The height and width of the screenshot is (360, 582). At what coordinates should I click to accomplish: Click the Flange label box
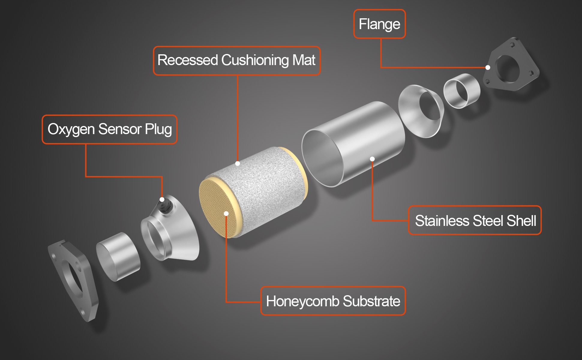coord(379,24)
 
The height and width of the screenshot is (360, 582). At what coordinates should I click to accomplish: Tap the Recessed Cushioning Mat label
coord(237,60)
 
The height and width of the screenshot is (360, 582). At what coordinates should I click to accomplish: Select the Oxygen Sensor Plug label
coord(109,129)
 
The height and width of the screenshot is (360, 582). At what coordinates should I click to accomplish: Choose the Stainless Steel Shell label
coord(475,220)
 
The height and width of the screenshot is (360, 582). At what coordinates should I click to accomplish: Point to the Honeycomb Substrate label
coord(333,301)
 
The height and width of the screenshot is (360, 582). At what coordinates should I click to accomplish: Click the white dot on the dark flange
coord(488,67)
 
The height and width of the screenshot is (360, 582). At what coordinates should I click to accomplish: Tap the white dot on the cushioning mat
coord(238,163)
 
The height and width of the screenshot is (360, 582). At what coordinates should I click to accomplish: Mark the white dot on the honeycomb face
coord(226,214)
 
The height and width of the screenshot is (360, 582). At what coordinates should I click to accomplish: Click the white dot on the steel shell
coord(372,159)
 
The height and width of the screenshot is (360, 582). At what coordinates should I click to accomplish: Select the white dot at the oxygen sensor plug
coord(162,199)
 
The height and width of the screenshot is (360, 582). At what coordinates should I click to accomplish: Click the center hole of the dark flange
coord(508,69)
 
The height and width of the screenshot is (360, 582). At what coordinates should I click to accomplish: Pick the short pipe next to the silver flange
coord(118,257)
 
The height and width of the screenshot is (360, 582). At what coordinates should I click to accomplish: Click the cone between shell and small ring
coord(421,111)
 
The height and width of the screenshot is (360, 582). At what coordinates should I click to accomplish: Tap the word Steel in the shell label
coord(488,220)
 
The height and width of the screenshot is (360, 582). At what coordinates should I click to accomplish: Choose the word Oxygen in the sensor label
coord(71,129)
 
